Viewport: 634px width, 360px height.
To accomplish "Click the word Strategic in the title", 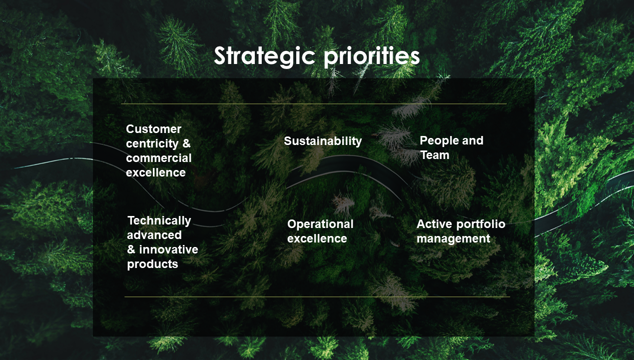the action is coord(264,56).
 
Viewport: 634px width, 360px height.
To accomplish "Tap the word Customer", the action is coord(154,129).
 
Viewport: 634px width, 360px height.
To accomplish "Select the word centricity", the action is coord(152,143).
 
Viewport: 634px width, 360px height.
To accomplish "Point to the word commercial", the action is coord(159,158).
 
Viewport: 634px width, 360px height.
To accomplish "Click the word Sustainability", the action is coord(323,141).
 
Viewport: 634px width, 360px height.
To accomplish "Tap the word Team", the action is coord(435,155).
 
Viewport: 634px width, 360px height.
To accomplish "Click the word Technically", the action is coord(159,220).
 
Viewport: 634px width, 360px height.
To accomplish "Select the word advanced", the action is coord(154,235).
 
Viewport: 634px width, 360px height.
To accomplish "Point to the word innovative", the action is coord(169,249).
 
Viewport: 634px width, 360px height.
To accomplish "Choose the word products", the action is coord(152,264).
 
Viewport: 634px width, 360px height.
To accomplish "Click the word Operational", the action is coord(320,224).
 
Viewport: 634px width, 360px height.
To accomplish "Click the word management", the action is coord(454,239).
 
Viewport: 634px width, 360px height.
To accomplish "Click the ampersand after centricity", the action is coord(186,143).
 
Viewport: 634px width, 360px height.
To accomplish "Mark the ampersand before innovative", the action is coord(131,249).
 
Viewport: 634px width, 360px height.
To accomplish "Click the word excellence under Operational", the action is coord(317,239).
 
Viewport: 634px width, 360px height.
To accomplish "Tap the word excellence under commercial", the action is coord(156,172).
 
